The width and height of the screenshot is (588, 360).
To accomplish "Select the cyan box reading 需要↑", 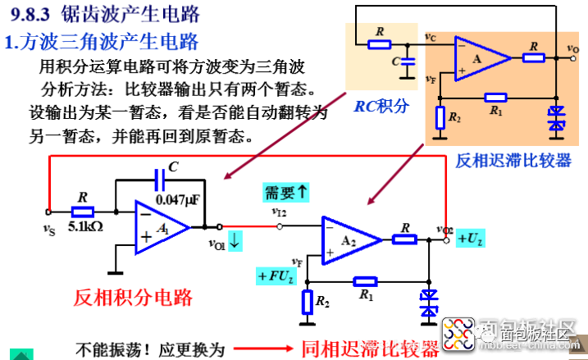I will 285,192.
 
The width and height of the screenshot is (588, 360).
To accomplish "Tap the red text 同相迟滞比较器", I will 371,348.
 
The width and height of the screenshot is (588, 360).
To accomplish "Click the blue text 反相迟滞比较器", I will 513,161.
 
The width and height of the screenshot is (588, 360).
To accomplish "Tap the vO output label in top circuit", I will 572,49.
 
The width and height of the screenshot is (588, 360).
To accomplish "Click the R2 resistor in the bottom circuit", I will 308,302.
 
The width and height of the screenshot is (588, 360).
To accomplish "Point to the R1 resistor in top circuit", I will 496,96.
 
